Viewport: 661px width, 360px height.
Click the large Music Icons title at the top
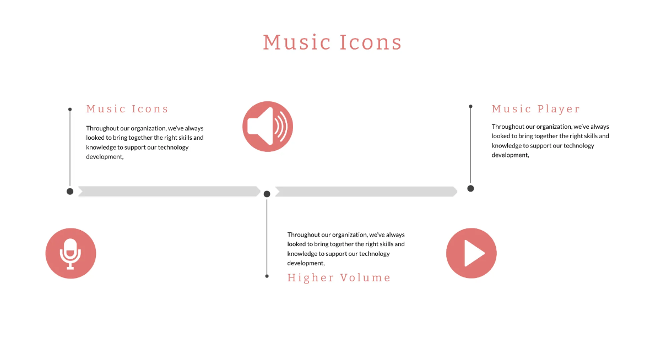point(332,42)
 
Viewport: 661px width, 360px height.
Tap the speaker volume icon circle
point(268,127)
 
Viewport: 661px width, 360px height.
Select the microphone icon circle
point(71,253)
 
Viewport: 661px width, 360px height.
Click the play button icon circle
point(471,253)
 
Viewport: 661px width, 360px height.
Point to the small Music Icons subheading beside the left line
point(127,109)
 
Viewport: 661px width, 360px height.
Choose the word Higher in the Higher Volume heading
point(311,277)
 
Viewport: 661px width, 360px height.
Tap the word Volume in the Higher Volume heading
point(365,277)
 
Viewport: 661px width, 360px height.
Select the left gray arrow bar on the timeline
point(169,191)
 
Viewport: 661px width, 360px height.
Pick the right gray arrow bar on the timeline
point(366,191)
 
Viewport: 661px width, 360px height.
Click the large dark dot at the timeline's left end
point(70,191)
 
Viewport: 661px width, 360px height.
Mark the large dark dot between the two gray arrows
point(267,194)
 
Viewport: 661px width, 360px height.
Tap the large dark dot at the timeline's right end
point(470,188)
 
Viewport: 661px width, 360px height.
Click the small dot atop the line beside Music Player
point(470,106)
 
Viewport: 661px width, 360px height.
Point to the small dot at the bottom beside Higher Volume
point(267,276)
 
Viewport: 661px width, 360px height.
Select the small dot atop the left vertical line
point(70,110)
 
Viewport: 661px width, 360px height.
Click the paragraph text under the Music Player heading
point(550,141)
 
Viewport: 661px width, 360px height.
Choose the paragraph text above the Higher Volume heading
point(346,249)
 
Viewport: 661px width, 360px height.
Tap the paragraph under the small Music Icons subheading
point(145,142)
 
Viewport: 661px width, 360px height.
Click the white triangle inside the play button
point(473,253)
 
